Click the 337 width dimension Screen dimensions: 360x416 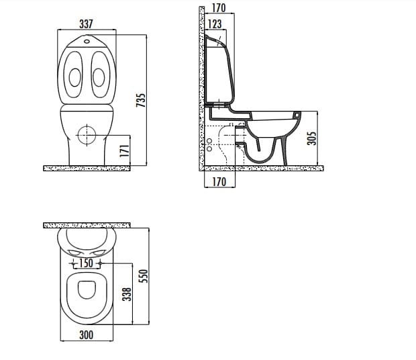86,24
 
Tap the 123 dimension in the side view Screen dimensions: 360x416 215,24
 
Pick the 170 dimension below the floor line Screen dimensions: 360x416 217,182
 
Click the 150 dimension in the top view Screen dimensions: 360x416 87,263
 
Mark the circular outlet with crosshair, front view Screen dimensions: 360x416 87,134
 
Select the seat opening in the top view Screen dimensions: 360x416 87,289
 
